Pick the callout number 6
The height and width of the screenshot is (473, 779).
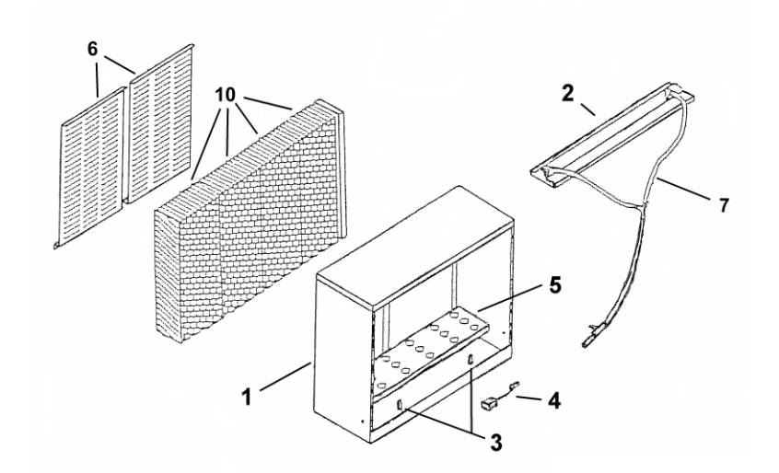tap(92, 48)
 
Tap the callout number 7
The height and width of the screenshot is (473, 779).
tap(724, 204)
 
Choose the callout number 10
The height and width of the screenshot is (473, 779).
tap(227, 96)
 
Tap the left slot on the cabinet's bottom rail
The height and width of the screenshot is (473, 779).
tap(401, 405)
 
